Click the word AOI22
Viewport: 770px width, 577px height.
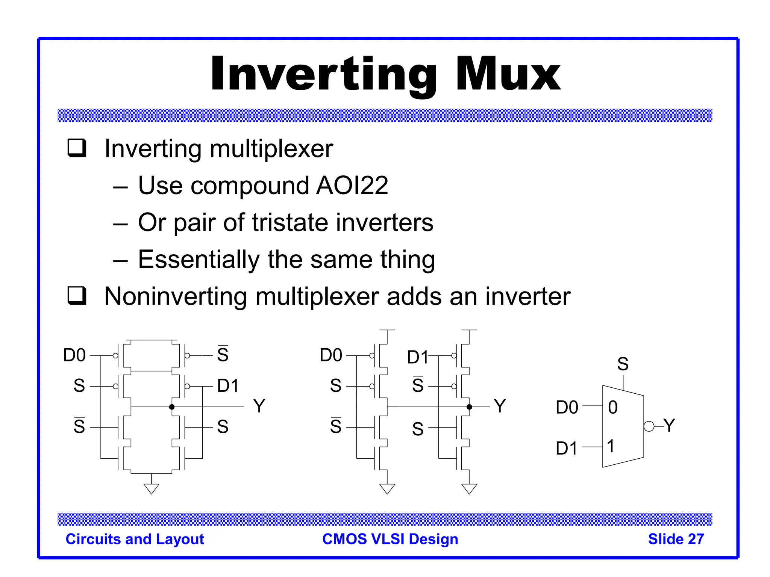pyautogui.click(x=352, y=186)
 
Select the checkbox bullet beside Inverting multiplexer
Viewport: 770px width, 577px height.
pyautogui.click(x=77, y=148)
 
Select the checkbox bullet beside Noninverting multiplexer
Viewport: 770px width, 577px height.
pyautogui.click(x=77, y=296)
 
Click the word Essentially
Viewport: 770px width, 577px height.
pyautogui.click(x=199, y=260)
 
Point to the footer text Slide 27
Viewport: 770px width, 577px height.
pyautogui.click(x=676, y=539)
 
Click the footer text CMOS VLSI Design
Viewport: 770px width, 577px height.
pyautogui.click(x=390, y=539)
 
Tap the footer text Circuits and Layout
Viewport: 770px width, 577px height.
pyautogui.click(x=135, y=539)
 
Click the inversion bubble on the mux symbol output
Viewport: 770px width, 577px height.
pyautogui.click(x=649, y=426)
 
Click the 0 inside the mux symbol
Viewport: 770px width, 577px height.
pyautogui.click(x=613, y=408)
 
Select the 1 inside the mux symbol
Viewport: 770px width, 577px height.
pyautogui.click(x=611, y=446)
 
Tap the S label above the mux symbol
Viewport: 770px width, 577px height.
pyautogui.click(x=623, y=364)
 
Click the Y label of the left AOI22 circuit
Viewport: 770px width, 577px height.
pyautogui.click(x=259, y=406)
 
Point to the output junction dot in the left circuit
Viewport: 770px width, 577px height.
pyautogui.click(x=172, y=407)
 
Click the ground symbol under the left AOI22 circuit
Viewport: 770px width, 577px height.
pyautogui.click(x=152, y=488)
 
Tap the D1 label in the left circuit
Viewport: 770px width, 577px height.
pyautogui.click(x=228, y=386)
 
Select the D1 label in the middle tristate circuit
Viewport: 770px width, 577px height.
pyautogui.click(x=417, y=357)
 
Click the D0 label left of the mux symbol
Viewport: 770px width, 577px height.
pyautogui.click(x=567, y=408)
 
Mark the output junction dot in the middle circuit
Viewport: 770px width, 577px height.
pyautogui.click(x=469, y=407)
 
